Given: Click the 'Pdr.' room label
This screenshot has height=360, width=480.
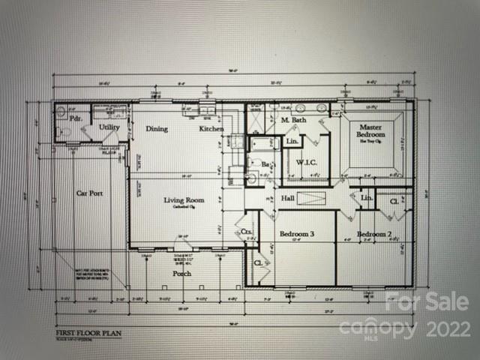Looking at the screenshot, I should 75,118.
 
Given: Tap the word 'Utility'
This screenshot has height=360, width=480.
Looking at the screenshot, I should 109,128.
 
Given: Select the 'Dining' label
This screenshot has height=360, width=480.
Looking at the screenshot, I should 157,129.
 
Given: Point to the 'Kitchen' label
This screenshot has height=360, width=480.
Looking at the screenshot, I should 211,129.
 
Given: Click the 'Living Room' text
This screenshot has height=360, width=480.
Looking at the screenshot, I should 184,200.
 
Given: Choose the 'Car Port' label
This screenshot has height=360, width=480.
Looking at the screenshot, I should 89,193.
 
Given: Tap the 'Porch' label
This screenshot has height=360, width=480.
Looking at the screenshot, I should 181,274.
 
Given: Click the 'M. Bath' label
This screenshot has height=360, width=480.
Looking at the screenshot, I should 293,120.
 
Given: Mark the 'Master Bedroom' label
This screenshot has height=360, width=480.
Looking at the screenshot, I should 371,132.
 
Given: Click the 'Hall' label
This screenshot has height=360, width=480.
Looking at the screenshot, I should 287,198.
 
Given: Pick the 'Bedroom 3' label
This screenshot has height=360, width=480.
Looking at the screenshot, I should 296,235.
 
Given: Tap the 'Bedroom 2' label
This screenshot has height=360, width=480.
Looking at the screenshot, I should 373,235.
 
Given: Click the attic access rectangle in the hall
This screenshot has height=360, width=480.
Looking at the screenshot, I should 309,198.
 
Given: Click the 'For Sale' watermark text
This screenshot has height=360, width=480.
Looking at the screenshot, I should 427,303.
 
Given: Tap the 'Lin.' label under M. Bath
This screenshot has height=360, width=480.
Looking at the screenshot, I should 292,141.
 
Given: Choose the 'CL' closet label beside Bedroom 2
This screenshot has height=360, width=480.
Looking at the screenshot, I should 394,201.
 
